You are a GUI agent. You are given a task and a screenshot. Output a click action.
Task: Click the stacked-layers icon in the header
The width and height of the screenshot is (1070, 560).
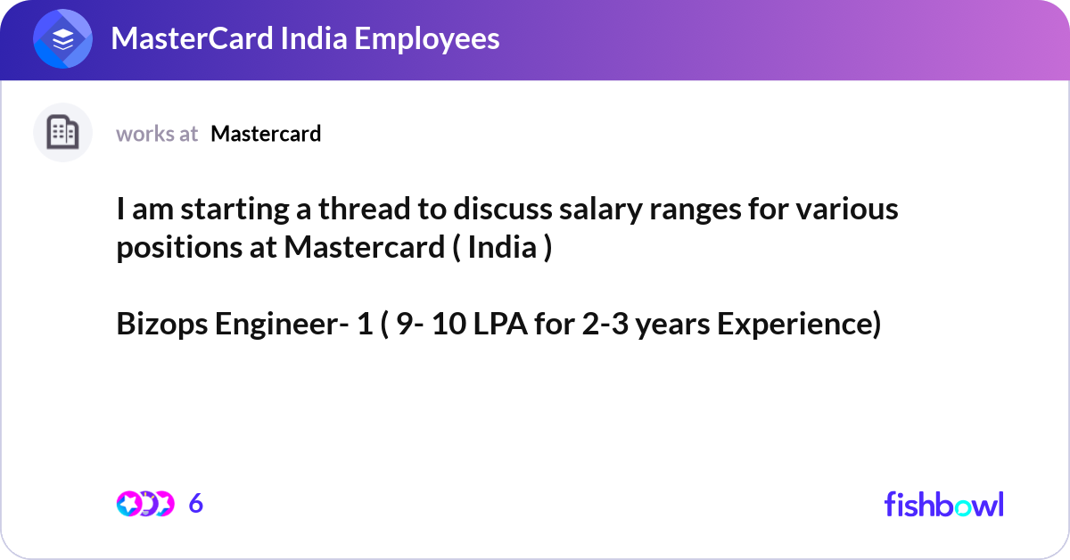click(x=62, y=38)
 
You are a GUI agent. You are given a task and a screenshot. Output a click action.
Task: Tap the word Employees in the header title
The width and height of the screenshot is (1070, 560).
click(x=427, y=38)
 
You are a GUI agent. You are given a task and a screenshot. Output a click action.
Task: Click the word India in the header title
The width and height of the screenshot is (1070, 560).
click(x=313, y=38)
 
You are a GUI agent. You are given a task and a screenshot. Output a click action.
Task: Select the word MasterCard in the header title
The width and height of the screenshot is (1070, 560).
click(x=192, y=38)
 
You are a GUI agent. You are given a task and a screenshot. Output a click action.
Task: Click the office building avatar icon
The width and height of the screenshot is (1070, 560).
click(x=62, y=132)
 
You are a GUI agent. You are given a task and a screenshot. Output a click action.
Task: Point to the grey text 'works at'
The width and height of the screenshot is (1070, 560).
click(x=157, y=134)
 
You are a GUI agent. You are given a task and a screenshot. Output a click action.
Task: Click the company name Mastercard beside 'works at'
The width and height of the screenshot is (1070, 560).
click(x=266, y=134)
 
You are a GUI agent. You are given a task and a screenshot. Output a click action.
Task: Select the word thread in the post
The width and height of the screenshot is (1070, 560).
click(x=365, y=210)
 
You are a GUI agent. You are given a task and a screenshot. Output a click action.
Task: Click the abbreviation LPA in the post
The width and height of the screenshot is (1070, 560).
click(x=500, y=324)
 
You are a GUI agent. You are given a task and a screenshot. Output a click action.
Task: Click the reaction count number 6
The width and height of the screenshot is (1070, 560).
click(x=196, y=504)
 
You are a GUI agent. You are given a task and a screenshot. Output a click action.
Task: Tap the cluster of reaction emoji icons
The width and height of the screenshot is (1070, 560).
click(x=145, y=504)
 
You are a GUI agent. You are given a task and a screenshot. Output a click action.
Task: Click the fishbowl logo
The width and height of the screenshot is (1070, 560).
click(x=944, y=504)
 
